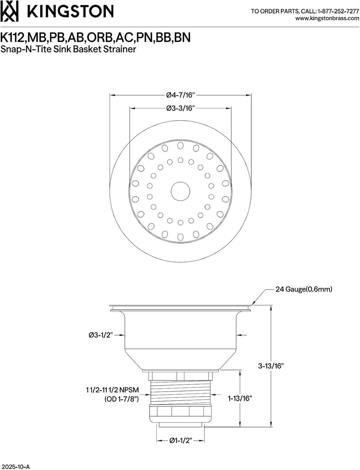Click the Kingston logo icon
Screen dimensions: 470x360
[x=11, y=11]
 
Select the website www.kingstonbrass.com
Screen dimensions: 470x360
[x=327, y=18]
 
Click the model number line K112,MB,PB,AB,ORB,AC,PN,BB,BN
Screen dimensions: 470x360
[x=95, y=37]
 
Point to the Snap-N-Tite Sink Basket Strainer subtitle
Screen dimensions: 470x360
[x=68, y=49]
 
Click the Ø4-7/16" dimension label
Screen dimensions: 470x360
[x=180, y=95]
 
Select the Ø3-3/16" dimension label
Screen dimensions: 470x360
[x=180, y=108]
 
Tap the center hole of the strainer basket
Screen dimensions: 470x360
[x=180, y=191]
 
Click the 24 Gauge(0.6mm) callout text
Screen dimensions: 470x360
[x=304, y=289]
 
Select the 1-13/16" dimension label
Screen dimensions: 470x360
[x=240, y=398]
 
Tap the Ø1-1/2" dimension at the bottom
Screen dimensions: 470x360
[x=180, y=440]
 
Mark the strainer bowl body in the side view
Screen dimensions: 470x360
[x=180, y=337]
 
